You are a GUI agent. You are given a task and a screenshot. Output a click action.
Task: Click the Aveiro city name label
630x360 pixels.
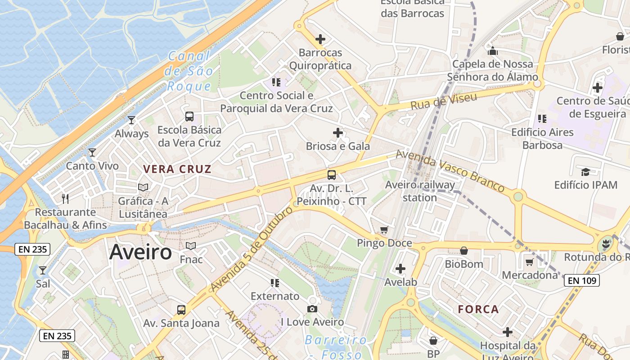coord(140,252)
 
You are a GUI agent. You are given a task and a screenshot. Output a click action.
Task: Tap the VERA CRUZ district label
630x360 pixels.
coord(177,169)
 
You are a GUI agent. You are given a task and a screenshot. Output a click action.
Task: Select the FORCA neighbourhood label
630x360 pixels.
coord(478,309)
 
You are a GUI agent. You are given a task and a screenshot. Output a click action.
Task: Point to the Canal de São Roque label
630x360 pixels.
coord(189,71)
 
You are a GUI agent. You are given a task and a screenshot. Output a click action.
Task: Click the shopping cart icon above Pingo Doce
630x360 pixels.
coord(384,230)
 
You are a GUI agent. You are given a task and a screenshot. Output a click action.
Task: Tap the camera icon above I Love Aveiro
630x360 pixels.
coord(312,309)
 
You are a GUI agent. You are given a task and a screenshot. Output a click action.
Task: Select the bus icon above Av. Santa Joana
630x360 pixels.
coord(181,310)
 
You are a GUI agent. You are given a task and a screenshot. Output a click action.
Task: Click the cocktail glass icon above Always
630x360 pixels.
coord(131,120)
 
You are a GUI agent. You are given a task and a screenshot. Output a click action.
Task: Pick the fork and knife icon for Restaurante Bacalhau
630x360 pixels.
coord(65,198)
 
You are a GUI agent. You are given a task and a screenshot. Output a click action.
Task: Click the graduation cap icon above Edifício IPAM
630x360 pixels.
coord(585,172)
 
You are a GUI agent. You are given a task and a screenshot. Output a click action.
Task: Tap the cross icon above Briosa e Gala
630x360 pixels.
coord(338,133)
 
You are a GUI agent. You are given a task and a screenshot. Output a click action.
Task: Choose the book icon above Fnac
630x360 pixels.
coord(191,246)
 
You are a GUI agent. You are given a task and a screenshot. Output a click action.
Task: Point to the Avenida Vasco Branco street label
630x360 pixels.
coord(450,171)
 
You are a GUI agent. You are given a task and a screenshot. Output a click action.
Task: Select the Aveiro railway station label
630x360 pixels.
coord(420,191)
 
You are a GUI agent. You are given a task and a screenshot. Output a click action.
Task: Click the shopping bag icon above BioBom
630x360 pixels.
coord(464,251)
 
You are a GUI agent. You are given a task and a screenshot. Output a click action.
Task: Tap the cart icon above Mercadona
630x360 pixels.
coord(530,262)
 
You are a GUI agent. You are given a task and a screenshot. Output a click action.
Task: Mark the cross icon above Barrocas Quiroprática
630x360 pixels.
coord(320,40)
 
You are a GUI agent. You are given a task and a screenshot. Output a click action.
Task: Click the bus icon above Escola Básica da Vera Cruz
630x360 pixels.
coord(189,117)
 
